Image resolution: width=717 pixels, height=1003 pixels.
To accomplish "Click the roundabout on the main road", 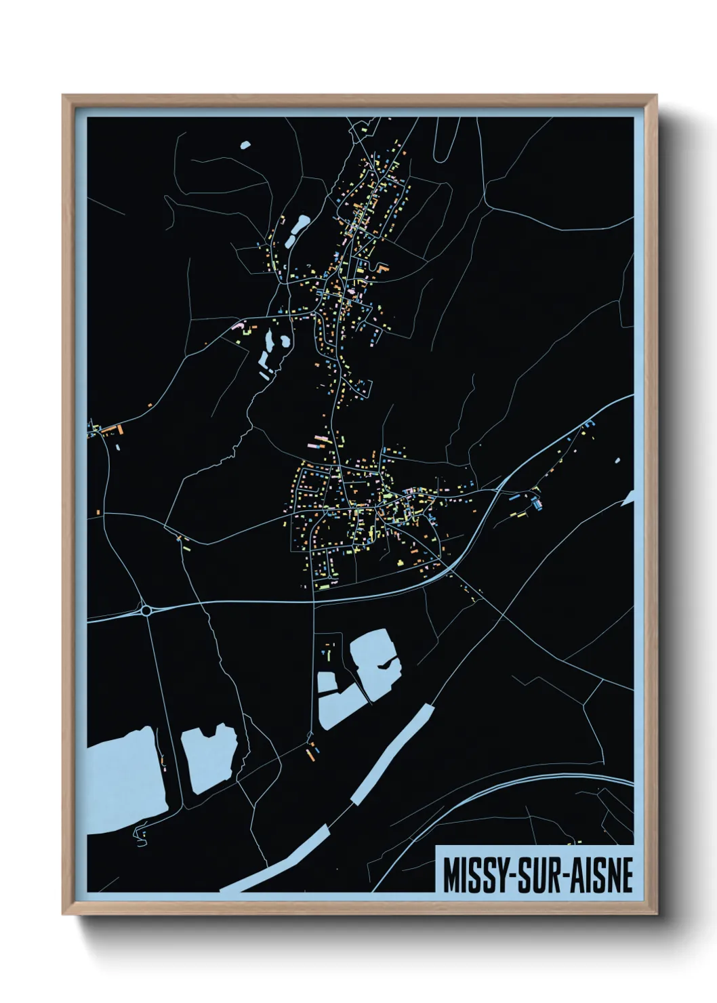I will click(x=146, y=611).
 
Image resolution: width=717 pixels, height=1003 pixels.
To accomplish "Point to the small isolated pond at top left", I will click(x=245, y=144).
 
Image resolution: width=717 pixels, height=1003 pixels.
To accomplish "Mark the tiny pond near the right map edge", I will click(x=617, y=462).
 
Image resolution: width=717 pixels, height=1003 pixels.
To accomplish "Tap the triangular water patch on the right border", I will click(x=629, y=499).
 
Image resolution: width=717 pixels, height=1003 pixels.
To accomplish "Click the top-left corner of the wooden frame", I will click(x=64, y=96).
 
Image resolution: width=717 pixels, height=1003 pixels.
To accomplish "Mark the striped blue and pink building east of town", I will click(x=537, y=504).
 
